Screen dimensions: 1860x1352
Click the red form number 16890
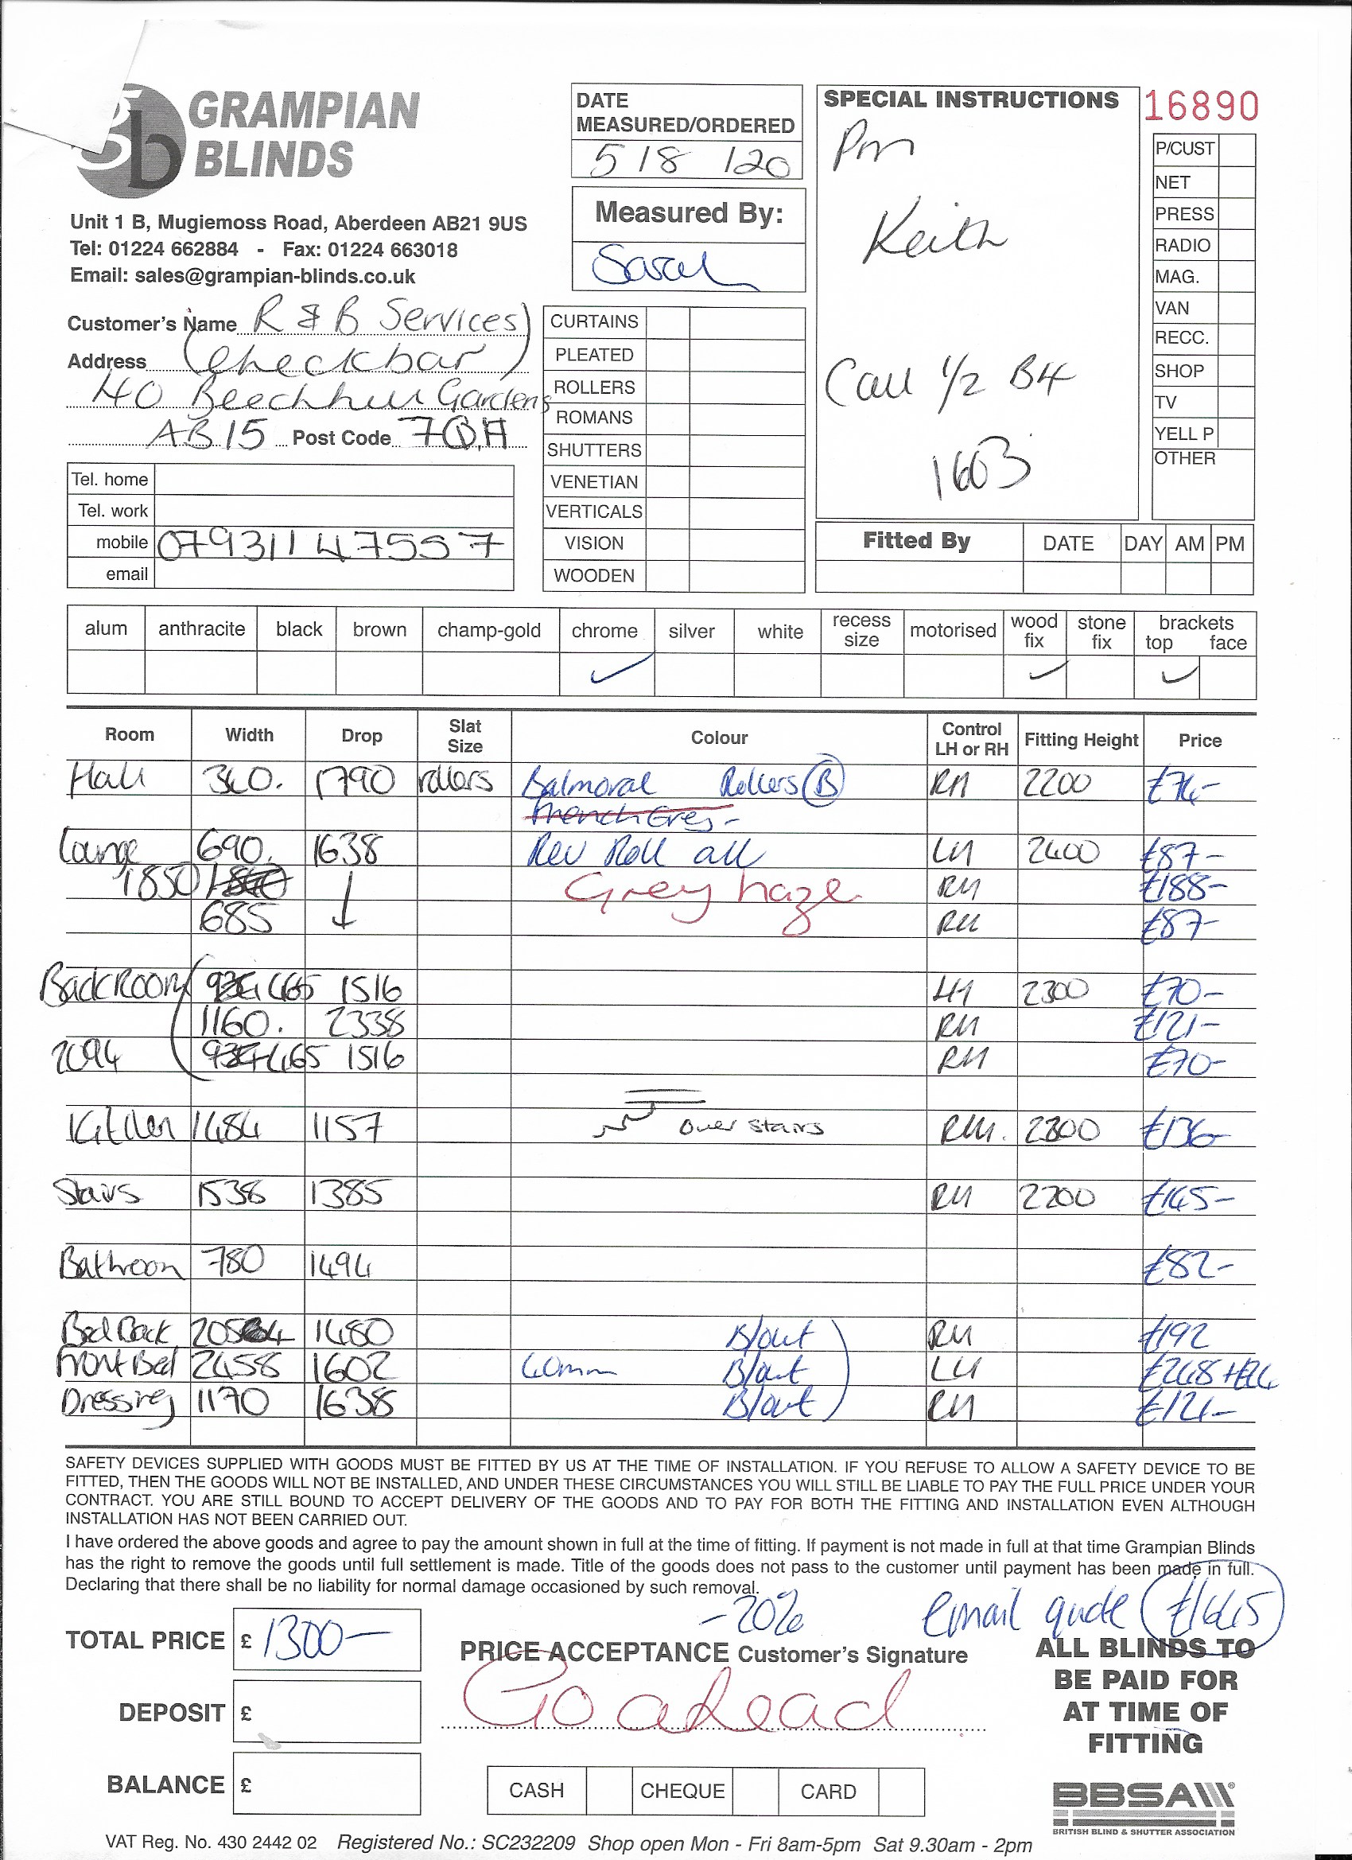pos(1200,107)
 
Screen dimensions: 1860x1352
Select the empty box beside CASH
pos(608,1790)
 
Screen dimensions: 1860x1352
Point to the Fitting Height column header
pos(1081,741)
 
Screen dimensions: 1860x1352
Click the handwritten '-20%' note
pos(755,1616)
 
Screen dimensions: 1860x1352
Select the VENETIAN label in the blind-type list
pos(593,481)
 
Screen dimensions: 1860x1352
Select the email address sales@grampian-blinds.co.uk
pos(243,276)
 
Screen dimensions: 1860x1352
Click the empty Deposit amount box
pos(326,1711)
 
